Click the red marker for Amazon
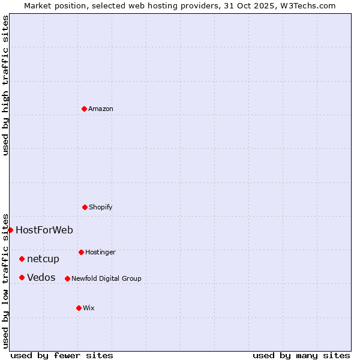coord(84,109)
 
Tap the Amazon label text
coord(101,109)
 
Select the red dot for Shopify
coord(85,207)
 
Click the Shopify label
coord(101,208)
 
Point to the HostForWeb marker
coord(10,230)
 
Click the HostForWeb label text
coord(44,230)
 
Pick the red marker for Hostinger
coord(81,252)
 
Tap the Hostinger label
coord(100,253)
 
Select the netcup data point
coord(22,259)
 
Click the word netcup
coord(43,259)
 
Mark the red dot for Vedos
coord(22,277)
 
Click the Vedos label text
coord(41,278)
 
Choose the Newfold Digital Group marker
coord(67,278)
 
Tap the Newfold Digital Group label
coord(106,279)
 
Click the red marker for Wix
coord(79,308)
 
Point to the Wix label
coord(89,308)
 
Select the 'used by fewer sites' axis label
coord(62,355)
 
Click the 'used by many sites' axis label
coord(301,355)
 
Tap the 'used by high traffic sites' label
coord(5,85)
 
